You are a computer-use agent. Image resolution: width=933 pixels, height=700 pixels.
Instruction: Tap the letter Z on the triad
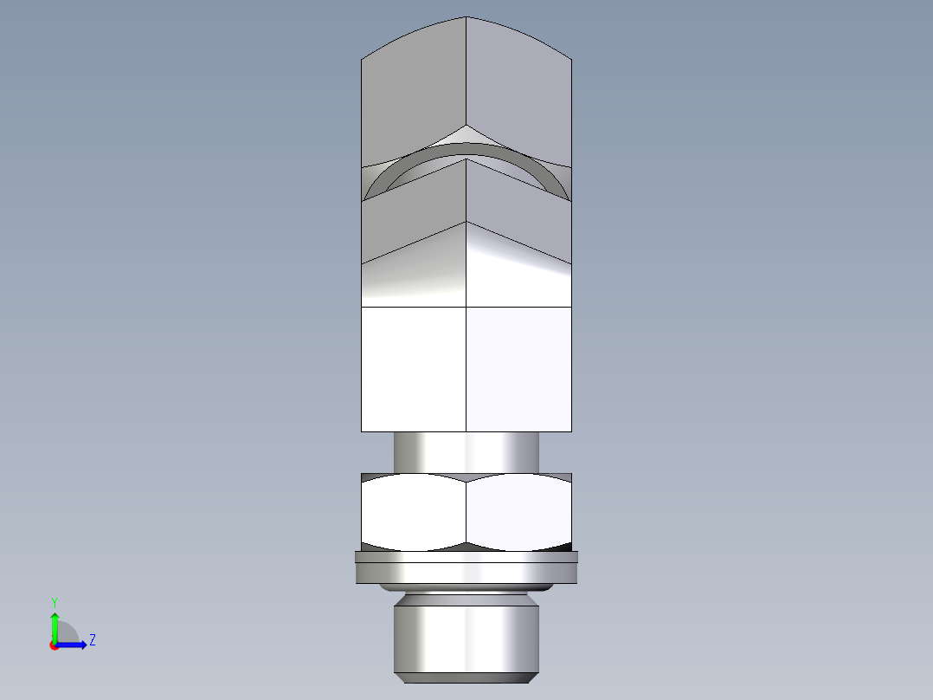pyautogui.click(x=92, y=640)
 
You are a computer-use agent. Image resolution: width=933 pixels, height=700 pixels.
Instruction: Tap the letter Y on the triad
pyautogui.click(x=54, y=601)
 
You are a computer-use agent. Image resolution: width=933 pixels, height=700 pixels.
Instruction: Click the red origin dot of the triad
pyautogui.click(x=54, y=645)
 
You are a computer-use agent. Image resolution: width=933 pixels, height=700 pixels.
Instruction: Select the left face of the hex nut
pyautogui.click(x=414, y=513)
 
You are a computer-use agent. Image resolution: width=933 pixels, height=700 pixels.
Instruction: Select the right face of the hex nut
pyautogui.click(x=519, y=513)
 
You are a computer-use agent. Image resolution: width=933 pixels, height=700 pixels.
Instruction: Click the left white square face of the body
pyautogui.click(x=414, y=368)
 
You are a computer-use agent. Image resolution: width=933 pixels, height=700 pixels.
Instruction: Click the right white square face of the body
pyautogui.click(x=519, y=368)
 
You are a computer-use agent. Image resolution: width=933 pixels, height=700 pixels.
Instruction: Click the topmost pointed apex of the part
pyautogui.click(x=466, y=17)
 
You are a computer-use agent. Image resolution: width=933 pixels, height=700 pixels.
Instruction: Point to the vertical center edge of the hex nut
pyautogui.click(x=466, y=513)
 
